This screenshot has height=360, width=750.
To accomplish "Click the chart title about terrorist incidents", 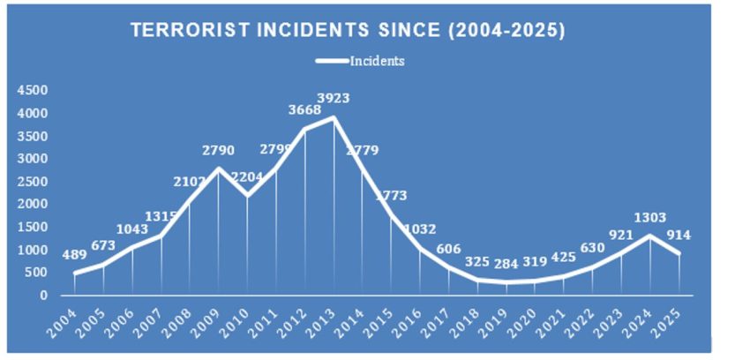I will [348, 30].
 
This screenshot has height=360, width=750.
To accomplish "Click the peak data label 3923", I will [333, 98].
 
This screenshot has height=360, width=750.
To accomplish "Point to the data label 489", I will [75, 255].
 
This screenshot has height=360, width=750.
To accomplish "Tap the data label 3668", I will [304, 109].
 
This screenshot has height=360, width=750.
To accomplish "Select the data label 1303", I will [650, 217].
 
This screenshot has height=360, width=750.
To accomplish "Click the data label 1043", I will [132, 229].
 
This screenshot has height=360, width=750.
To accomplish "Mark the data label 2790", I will [218, 150].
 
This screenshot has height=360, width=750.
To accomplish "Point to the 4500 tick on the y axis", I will [33, 90].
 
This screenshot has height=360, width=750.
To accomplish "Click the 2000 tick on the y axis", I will [33, 204].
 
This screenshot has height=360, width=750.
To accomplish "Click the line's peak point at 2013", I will [333, 117].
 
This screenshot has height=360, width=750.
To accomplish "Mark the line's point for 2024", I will [649, 236].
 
